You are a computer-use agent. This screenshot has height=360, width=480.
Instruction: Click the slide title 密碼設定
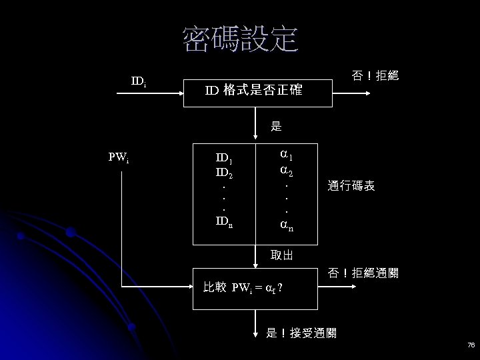tap(240, 40)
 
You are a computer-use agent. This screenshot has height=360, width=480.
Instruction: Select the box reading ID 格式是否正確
tap(257, 90)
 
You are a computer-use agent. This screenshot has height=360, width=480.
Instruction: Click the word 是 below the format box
tap(276, 125)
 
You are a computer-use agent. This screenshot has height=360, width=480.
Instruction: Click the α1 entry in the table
tap(286, 156)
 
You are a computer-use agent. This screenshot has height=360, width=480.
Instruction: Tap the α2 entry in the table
tap(286, 172)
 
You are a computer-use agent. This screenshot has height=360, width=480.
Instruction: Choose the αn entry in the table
tap(286, 227)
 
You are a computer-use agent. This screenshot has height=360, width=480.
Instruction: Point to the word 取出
tap(281, 255)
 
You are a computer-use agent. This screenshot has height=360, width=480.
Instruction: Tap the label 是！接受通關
tap(301, 333)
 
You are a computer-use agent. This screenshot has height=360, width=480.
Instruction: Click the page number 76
tap(471, 345)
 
